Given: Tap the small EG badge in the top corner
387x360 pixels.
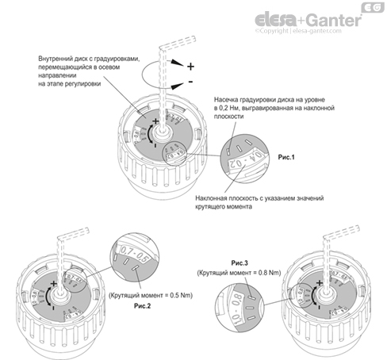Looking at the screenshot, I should [373, 10].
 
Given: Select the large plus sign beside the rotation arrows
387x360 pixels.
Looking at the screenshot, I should [190, 66].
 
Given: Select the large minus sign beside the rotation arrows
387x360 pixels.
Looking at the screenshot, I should [190, 82].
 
